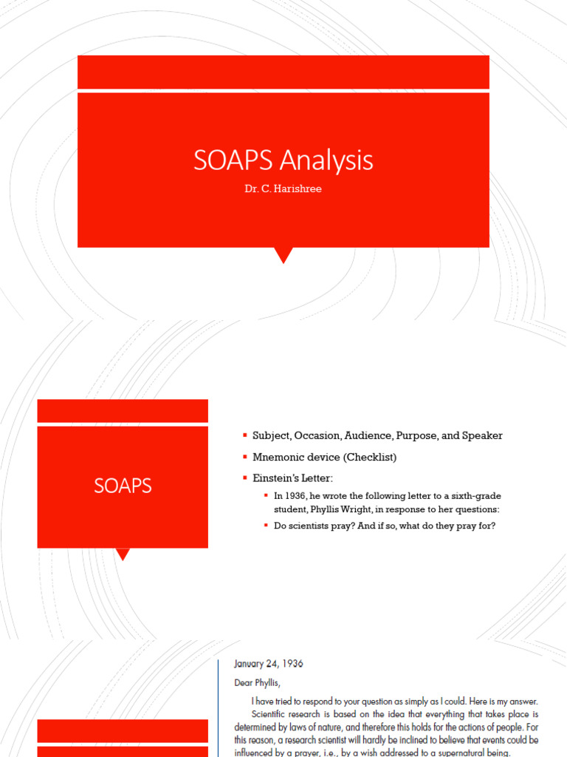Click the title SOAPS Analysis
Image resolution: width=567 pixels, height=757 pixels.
[283, 160]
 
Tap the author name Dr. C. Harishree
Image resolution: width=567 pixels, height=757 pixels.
[283, 190]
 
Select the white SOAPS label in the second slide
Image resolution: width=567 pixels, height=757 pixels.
[123, 486]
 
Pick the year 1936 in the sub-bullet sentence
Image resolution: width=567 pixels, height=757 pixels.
[299, 495]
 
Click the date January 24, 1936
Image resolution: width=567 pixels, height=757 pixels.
[268, 664]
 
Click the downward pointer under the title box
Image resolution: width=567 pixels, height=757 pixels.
[283, 256]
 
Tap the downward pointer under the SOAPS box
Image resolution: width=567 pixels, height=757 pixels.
[123, 554]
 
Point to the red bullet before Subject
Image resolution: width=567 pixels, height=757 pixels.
[245, 435]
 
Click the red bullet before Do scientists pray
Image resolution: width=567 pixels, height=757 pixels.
[267, 526]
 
